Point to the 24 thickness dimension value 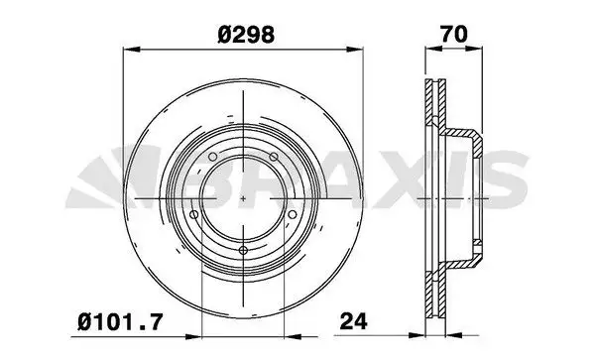point(355,320)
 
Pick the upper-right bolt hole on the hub point(272,156)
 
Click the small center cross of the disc point(244,199)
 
